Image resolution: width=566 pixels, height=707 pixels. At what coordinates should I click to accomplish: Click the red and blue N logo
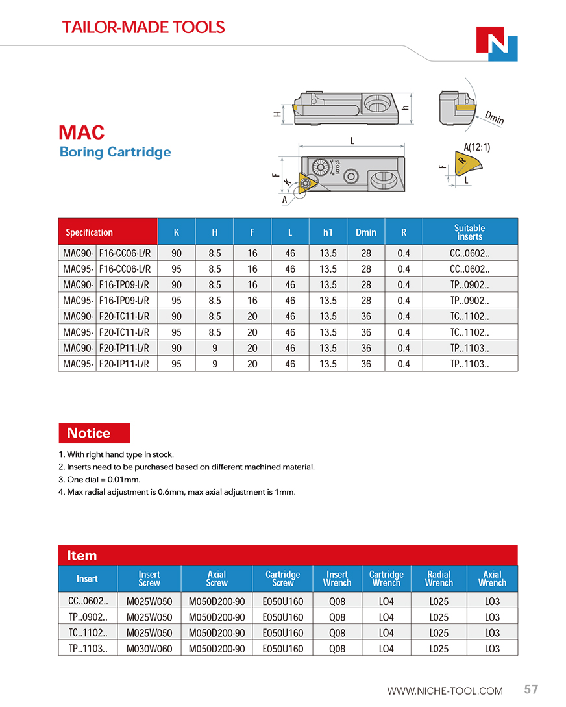coord(497,44)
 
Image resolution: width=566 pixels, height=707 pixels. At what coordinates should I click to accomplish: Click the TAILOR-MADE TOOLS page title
coord(143,27)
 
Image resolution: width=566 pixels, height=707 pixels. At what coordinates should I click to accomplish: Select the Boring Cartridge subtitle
coord(115,152)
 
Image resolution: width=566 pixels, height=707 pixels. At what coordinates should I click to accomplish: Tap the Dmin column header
coord(366,232)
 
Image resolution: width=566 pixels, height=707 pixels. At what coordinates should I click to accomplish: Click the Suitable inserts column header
coord(469,232)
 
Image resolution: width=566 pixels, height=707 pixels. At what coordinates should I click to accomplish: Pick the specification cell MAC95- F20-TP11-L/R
coord(107,364)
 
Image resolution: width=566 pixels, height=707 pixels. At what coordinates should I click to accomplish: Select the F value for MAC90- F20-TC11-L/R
coord(252,316)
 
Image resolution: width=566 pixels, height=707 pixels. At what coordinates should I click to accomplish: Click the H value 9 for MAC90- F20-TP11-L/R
coord(214,348)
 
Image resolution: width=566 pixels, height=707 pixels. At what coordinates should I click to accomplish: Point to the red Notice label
coord(93,433)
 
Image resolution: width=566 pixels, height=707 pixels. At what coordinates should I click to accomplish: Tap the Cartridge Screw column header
coord(282,578)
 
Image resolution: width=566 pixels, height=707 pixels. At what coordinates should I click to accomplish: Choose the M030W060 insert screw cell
coord(149,649)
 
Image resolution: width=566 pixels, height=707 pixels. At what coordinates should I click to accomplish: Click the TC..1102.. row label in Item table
coord(88,633)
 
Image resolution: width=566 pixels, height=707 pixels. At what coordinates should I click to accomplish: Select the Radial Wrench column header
coord(439,578)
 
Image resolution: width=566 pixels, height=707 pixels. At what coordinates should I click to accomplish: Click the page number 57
coord(531,689)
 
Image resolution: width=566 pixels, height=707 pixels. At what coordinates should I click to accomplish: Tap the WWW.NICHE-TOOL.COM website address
coord(445,691)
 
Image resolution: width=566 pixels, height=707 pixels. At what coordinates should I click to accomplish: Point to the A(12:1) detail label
coord(477,147)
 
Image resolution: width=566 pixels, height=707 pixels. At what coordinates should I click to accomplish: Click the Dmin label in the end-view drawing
coord(494,118)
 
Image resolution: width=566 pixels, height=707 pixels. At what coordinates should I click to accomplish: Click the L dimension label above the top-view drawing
coord(352,140)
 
